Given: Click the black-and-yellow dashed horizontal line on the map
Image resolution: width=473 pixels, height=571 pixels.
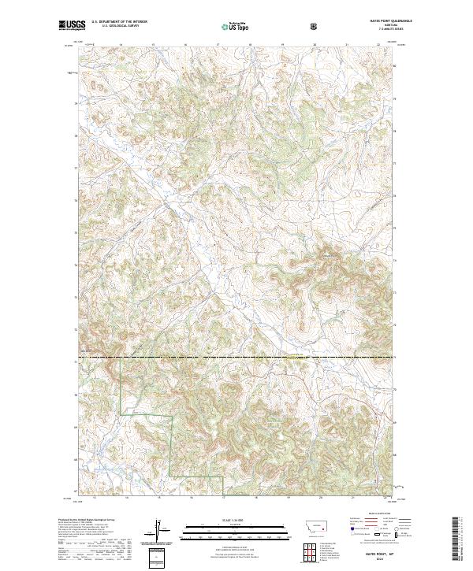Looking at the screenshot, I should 236,358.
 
